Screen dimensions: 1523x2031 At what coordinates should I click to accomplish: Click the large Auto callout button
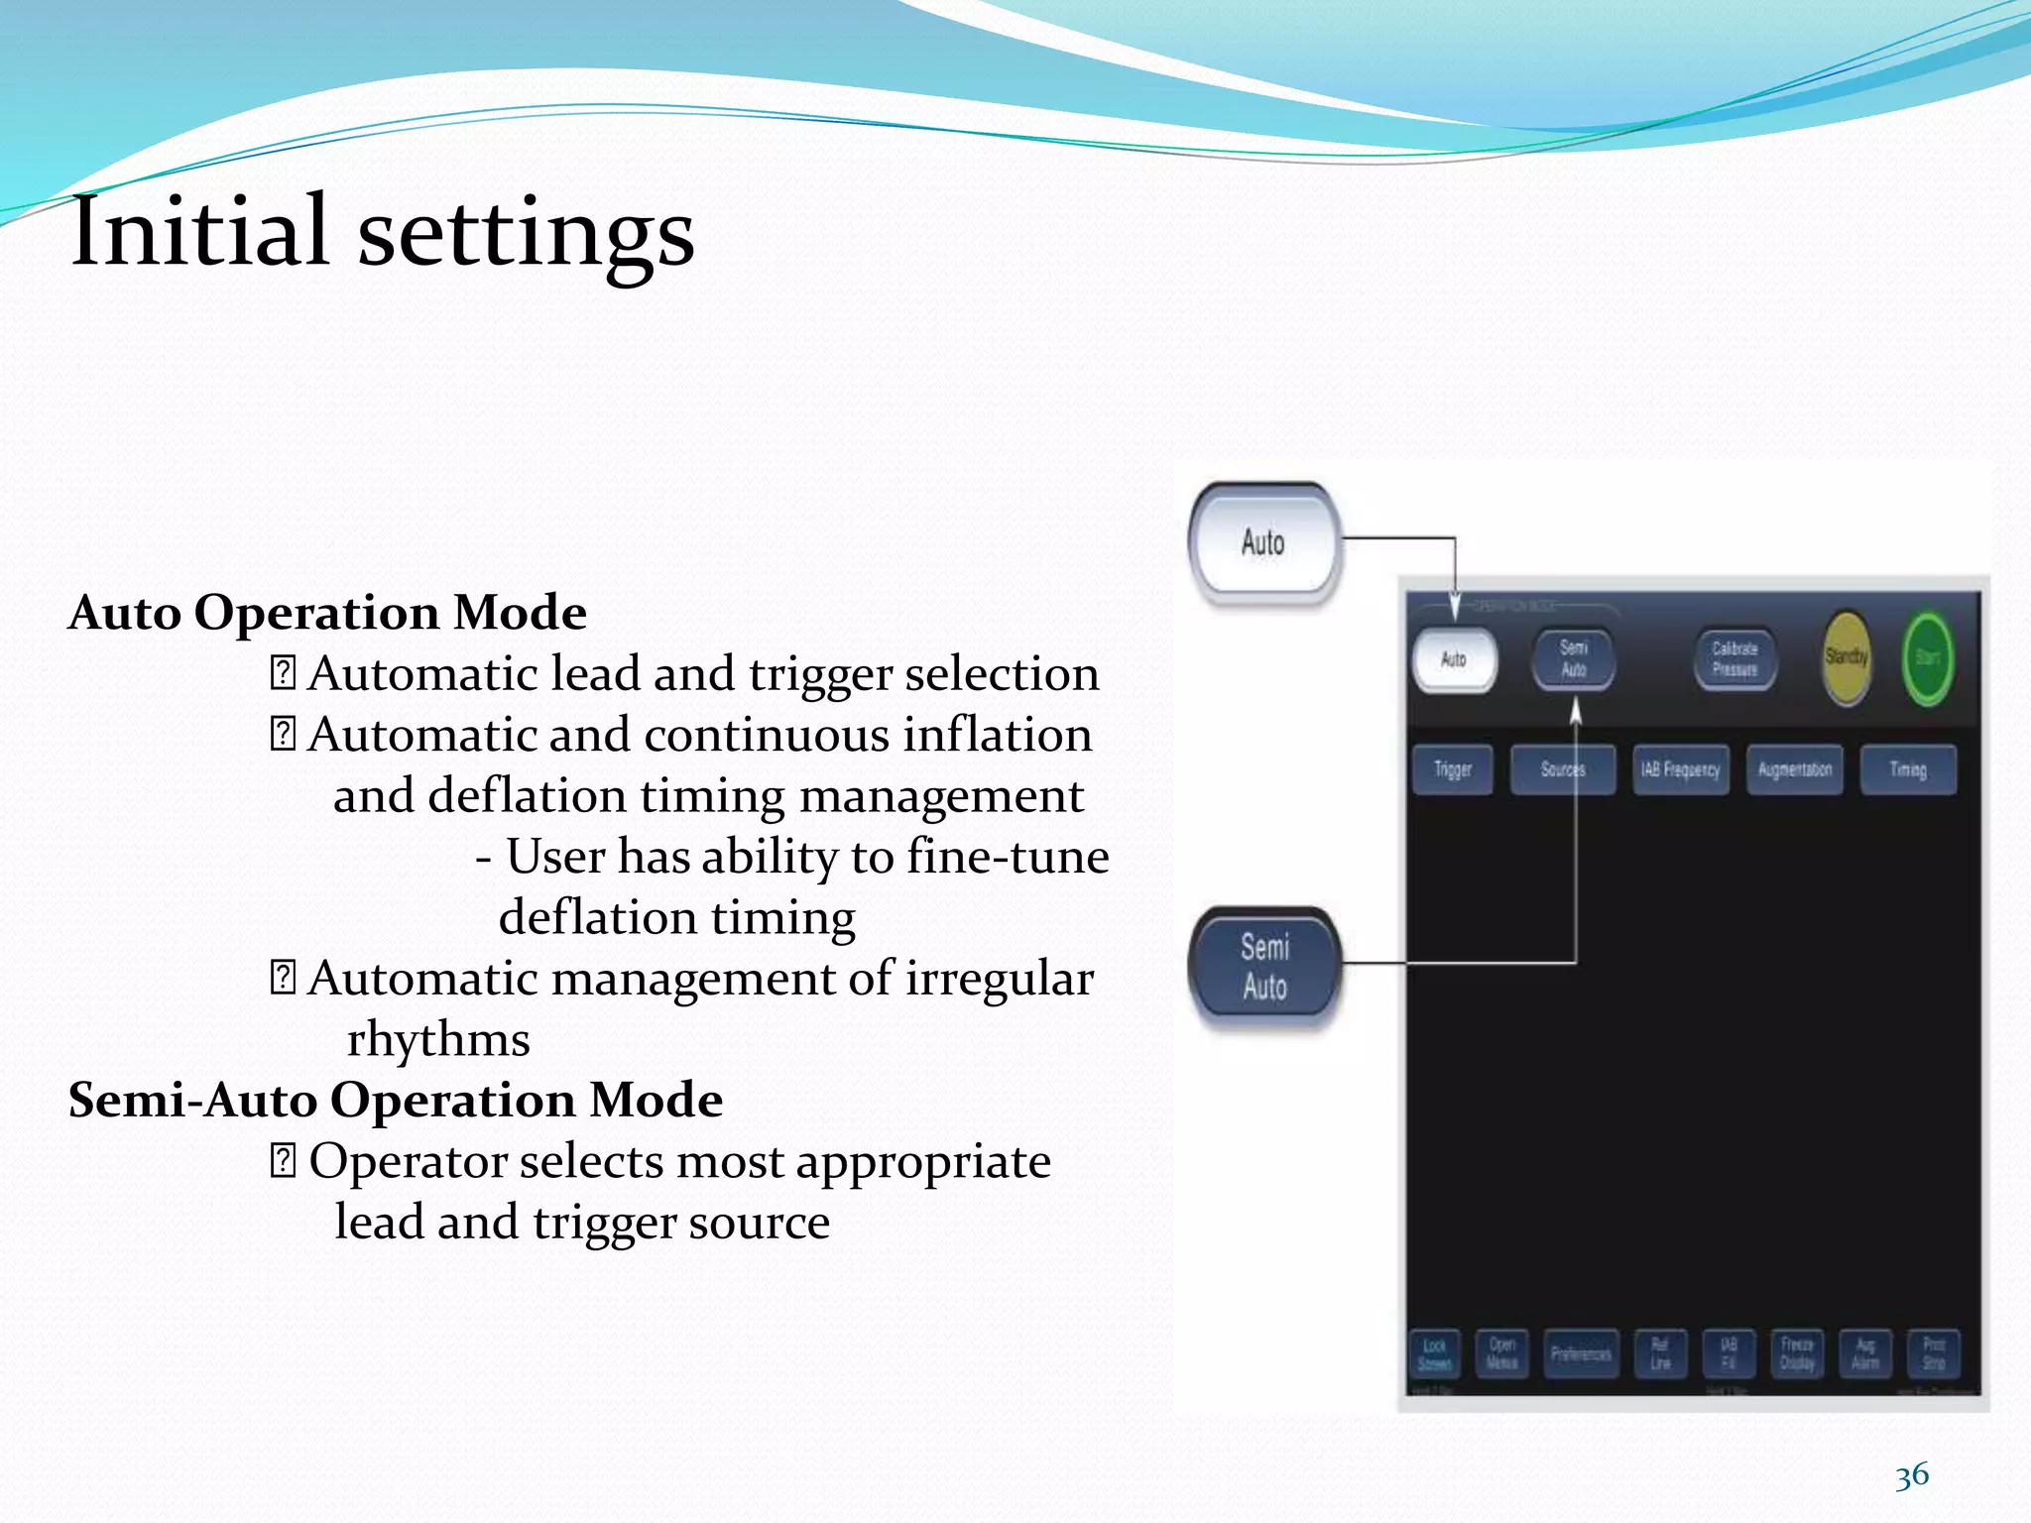click(x=1263, y=543)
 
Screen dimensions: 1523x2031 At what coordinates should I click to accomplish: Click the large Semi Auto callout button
click(x=1264, y=966)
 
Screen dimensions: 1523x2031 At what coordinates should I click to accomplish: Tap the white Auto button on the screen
click(x=1453, y=659)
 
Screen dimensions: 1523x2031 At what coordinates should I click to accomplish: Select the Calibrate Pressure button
click(x=1734, y=658)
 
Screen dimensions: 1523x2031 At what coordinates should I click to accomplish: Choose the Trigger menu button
click(x=1452, y=769)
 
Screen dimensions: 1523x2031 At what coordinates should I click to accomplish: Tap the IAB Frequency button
click(x=1680, y=769)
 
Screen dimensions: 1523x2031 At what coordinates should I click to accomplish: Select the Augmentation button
click(x=1794, y=769)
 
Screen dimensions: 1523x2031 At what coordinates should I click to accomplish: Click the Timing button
click(x=1907, y=769)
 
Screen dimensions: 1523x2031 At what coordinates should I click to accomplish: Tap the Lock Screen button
click(x=1434, y=1354)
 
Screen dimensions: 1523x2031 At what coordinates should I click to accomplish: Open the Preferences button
click(x=1580, y=1354)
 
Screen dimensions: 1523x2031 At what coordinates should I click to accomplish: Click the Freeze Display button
click(x=1796, y=1354)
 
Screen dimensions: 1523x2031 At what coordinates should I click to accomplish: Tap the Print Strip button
click(x=1933, y=1354)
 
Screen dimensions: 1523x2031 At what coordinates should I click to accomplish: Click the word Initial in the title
click(x=198, y=232)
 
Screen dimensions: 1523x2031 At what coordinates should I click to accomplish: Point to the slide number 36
click(x=1911, y=1475)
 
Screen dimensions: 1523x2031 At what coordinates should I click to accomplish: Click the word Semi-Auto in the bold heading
click(x=192, y=1101)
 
